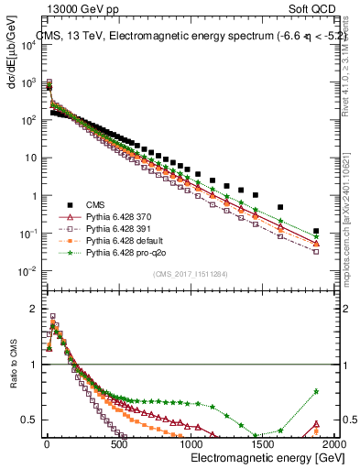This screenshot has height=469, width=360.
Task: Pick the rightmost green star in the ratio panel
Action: coord(316,391)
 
